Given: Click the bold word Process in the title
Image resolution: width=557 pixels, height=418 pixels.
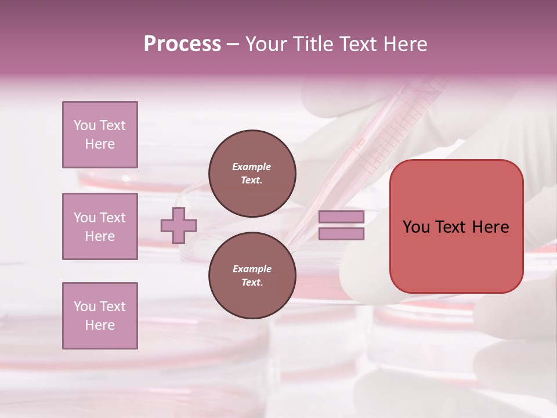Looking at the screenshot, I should pyautogui.click(x=182, y=44).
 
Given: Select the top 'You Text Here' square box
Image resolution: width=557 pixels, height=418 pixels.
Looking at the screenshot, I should pyautogui.click(x=100, y=135).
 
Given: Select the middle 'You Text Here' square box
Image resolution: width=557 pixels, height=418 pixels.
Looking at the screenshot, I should pyautogui.click(x=100, y=226).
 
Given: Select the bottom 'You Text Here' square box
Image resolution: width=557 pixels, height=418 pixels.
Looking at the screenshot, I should pyautogui.click(x=100, y=315).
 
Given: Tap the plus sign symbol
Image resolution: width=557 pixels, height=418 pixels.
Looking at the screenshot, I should pyautogui.click(x=179, y=225).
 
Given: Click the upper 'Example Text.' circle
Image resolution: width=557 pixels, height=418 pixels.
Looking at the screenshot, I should pyautogui.click(x=252, y=174).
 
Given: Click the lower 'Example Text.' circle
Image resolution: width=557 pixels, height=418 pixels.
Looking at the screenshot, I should pyautogui.click(x=252, y=276).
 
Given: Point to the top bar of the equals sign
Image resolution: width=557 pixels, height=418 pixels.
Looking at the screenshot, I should pyautogui.click(x=341, y=217).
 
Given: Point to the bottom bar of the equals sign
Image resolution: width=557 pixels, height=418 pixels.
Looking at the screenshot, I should pyautogui.click(x=341, y=233).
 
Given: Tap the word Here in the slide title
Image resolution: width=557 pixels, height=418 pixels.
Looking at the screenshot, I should pyautogui.click(x=406, y=44).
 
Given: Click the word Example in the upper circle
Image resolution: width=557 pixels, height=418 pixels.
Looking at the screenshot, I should pyautogui.click(x=251, y=167).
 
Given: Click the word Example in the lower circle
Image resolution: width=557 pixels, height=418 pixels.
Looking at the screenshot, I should pyautogui.click(x=252, y=269).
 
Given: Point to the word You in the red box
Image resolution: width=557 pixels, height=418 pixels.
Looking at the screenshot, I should pyautogui.click(x=415, y=227).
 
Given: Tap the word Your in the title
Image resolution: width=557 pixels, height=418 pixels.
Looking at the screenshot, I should pyautogui.click(x=266, y=44).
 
